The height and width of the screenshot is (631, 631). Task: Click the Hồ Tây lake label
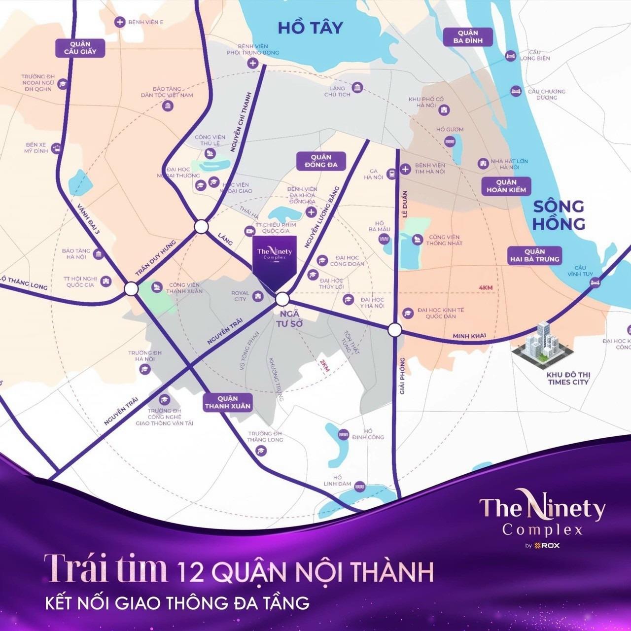tap(310, 28)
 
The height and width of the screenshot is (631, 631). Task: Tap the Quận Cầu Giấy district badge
tap(80, 48)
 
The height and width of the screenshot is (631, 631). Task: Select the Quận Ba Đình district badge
tap(468, 36)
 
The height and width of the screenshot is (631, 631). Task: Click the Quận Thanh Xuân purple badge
tap(228, 402)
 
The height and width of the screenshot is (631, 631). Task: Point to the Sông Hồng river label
tap(559, 214)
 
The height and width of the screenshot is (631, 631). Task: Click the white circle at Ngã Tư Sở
tap(282, 299)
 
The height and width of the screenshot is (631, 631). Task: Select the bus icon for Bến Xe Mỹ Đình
tap(57, 147)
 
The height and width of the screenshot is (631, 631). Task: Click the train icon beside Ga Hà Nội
tap(391, 174)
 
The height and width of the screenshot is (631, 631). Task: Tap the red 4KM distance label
tap(486, 288)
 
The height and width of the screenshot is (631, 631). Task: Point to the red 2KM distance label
tap(324, 365)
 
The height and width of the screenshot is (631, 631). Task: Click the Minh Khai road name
tap(469, 336)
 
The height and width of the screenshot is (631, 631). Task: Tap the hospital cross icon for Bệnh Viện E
tap(119, 22)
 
